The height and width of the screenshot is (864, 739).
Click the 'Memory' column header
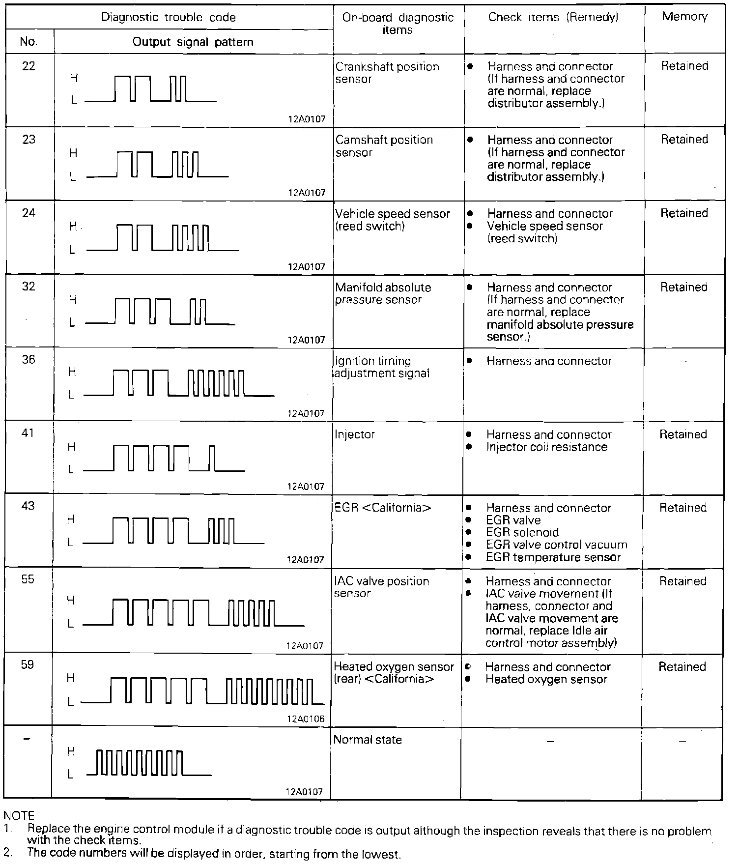pyautogui.click(x=684, y=17)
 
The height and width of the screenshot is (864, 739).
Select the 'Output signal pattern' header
pyautogui.click(x=193, y=42)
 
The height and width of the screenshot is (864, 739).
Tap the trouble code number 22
pyautogui.click(x=29, y=66)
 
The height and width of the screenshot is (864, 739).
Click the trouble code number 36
pyautogui.click(x=28, y=360)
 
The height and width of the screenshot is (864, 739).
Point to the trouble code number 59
pyautogui.click(x=28, y=665)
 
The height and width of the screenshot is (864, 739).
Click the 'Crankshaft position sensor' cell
pyautogui.click(x=387, y=73)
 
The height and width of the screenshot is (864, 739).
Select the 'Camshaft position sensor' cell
pyautogui.click(x=384, y=146)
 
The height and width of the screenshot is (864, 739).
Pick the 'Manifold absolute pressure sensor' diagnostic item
pyautogui.click(x=383, y=293)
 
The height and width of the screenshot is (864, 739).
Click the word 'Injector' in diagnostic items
pyautogui.click(x=354, y=434)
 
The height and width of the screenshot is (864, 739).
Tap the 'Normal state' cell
pyautogui.click(x=368, y=740)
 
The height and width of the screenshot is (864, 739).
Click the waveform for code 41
pyautogui.click(x=164, y=458)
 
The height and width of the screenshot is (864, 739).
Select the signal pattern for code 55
pyautogui.click(x=194, y=612)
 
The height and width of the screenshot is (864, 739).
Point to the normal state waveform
pyautogui.click(x=148, y=763)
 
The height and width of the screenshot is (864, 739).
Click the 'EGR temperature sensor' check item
pyautogui.click(x=553, y=557)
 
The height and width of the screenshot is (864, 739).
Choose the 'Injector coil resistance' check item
pyautogui.click(x=546, y=447)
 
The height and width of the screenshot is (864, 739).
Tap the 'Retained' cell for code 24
pyautogui.click(x=684, y=213)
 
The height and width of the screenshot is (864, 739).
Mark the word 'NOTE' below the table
pyautogui.click(x=19, y=816)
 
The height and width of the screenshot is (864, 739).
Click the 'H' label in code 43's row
pyautogui.click(x=71, y=519)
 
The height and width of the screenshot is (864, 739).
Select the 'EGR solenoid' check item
pyautogui.click(x=522, y=533)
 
